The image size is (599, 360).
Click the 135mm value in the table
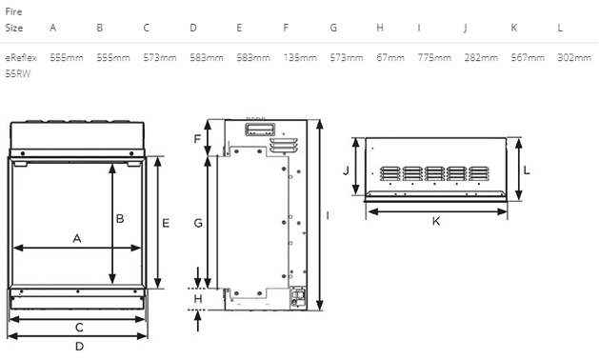300,58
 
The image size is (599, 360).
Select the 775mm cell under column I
434,58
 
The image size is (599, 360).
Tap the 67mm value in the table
390,58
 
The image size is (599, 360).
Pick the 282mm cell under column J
481,58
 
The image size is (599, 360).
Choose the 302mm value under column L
574,58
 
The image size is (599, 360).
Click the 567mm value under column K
528,58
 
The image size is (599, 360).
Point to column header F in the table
286,28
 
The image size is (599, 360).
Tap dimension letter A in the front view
77,238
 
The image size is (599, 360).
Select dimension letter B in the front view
120,219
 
